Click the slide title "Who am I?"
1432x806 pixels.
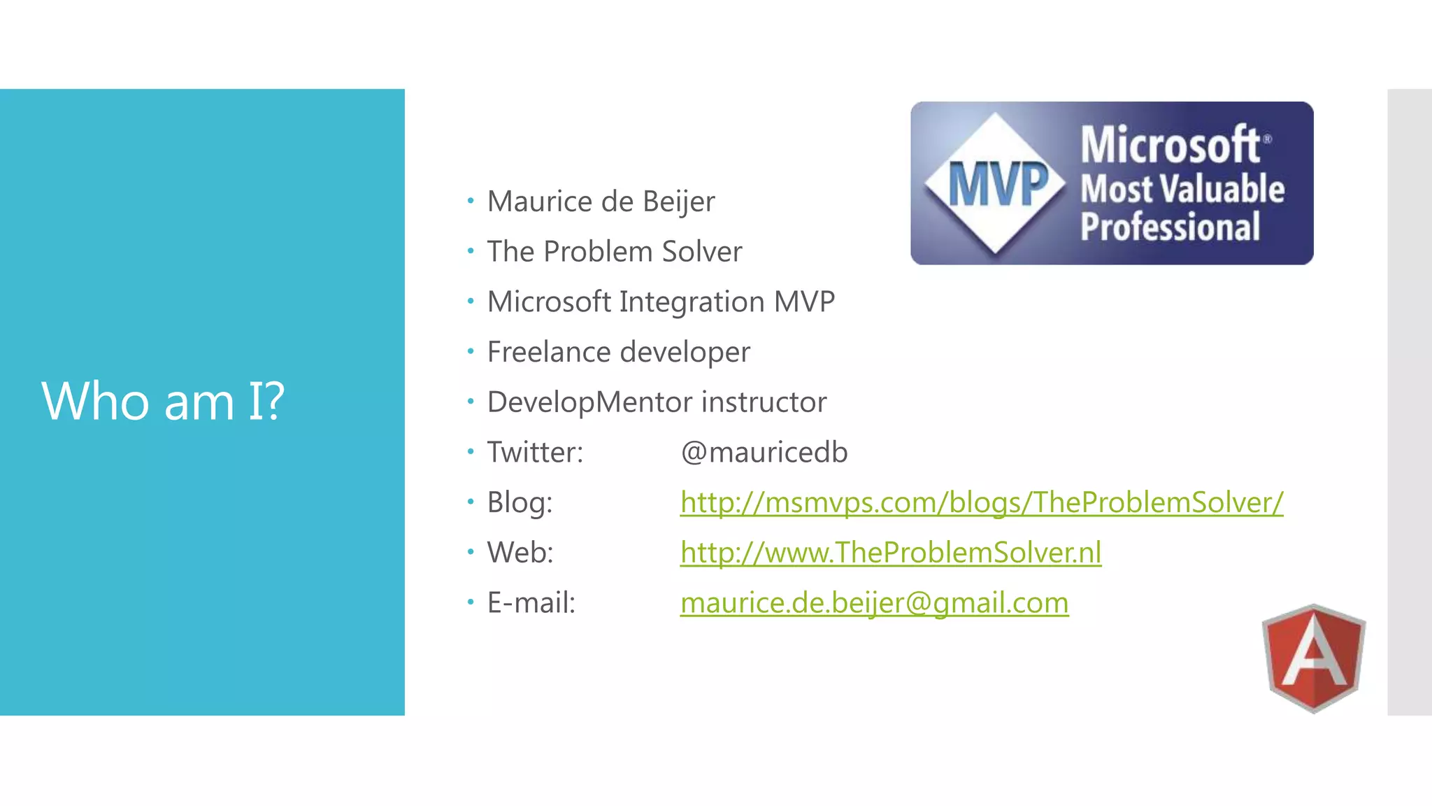coord(163,402)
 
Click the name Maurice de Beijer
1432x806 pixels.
coord(601,201)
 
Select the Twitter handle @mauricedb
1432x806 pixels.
coord(764,453)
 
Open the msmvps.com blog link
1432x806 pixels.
coord(981,502)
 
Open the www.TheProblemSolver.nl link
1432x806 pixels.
coord(890,553)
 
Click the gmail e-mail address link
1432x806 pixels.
coord(874,603)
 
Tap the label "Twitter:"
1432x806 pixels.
coord(535,453)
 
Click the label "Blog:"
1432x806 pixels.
coord(520,502)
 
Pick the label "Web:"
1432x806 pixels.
coord(520,553)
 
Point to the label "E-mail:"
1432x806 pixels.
coord(531,603)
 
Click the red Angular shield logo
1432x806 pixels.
coord(1314,658)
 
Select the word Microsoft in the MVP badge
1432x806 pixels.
coord(1170,145)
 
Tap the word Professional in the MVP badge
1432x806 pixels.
coord(1170,227)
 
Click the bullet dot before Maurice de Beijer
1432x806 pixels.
coord(471,201)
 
